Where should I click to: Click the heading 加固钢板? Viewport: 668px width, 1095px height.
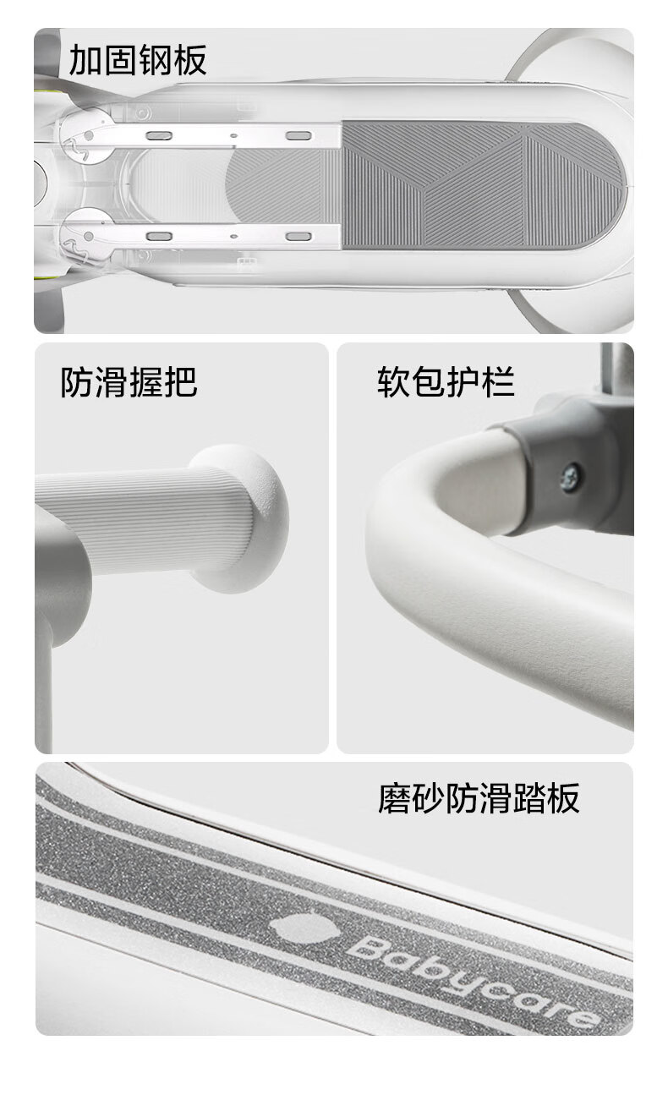click(138, 61)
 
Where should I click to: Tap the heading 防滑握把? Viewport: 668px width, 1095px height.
click(129, 382)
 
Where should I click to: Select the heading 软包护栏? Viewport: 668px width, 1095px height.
click(446, 382)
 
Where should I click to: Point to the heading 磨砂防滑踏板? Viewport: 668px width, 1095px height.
click(479, 798)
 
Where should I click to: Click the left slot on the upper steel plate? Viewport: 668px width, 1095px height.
click(160, 135)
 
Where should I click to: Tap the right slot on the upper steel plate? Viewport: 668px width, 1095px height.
click(298, 135)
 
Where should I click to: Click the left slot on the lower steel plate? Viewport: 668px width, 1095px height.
click(160, 237)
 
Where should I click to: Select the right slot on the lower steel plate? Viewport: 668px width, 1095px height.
click(298, 237)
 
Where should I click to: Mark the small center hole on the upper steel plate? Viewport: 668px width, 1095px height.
click(233, 135)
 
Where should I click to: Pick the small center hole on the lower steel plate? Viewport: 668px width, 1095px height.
click(233, 236)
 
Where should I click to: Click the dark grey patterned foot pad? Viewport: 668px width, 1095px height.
click(483, 186)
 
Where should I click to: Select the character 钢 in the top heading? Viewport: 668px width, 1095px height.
click(155, 61)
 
